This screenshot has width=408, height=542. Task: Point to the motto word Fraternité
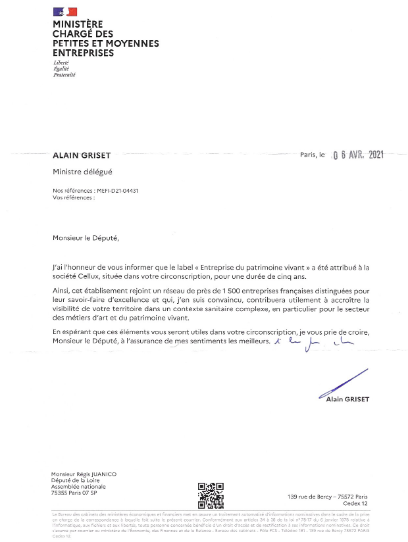pyautogui.click(x=64, y=75)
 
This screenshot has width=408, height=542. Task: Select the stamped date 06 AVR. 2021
pyautogui.click(x=359, y=156)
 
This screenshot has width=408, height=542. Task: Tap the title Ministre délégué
pyautogui.click(x=83, y=172)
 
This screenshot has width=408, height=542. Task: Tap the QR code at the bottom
pyautogui.click(x=211, y=494)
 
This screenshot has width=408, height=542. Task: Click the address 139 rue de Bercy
pyautogui.click(x=328, y=497)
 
